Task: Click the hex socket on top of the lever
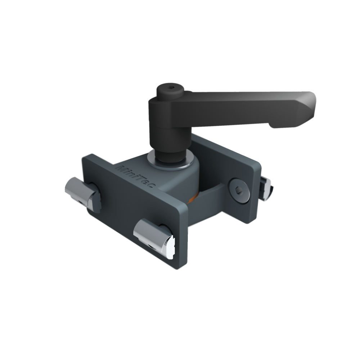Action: tap(170, 87)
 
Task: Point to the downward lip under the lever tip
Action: tap(284, 125)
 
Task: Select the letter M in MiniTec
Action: tap(121, 168)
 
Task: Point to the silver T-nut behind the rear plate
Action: tap(266, 187)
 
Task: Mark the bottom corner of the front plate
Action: tap(184, 266)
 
